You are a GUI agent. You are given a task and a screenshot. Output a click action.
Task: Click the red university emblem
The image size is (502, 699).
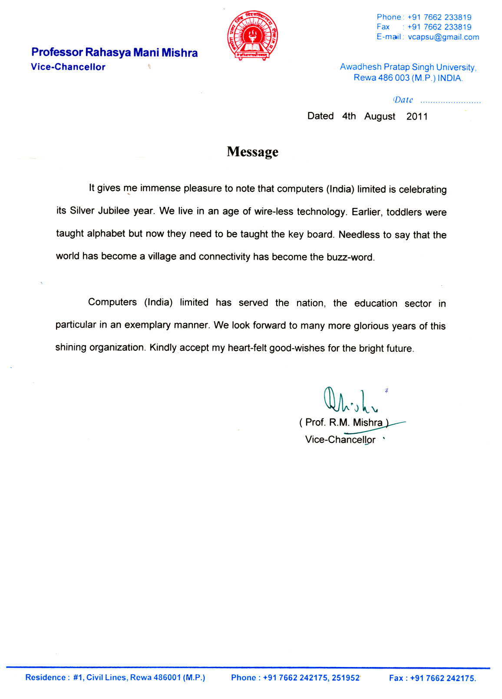tap(252, 36)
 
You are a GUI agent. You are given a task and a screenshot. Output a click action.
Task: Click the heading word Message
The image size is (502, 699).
tap(252, 152)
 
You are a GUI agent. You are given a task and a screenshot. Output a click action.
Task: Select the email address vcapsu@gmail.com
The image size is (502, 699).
tap(443, 37)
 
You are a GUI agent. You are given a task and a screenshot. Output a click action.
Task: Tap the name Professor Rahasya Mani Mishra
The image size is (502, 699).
tap(114, 53)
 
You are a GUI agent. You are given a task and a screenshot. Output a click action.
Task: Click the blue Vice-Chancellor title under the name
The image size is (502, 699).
tap(68, 67)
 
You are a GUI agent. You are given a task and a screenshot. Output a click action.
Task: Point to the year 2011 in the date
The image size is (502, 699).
tap(417, 116)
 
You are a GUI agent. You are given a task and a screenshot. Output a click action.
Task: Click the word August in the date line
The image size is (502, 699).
tap(380, 116)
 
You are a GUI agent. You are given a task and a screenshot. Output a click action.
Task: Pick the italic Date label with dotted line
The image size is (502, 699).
tap(436, 100)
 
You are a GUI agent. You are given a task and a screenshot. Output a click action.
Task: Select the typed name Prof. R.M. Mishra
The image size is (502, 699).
tap(343, 422)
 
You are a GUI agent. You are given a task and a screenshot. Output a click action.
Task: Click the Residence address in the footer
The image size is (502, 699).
tap(115, 678)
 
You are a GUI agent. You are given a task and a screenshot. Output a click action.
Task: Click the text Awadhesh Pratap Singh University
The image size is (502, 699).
tap(408, 67)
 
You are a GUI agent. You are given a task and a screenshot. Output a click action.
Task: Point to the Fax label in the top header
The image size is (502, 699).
tap(383, 27)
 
